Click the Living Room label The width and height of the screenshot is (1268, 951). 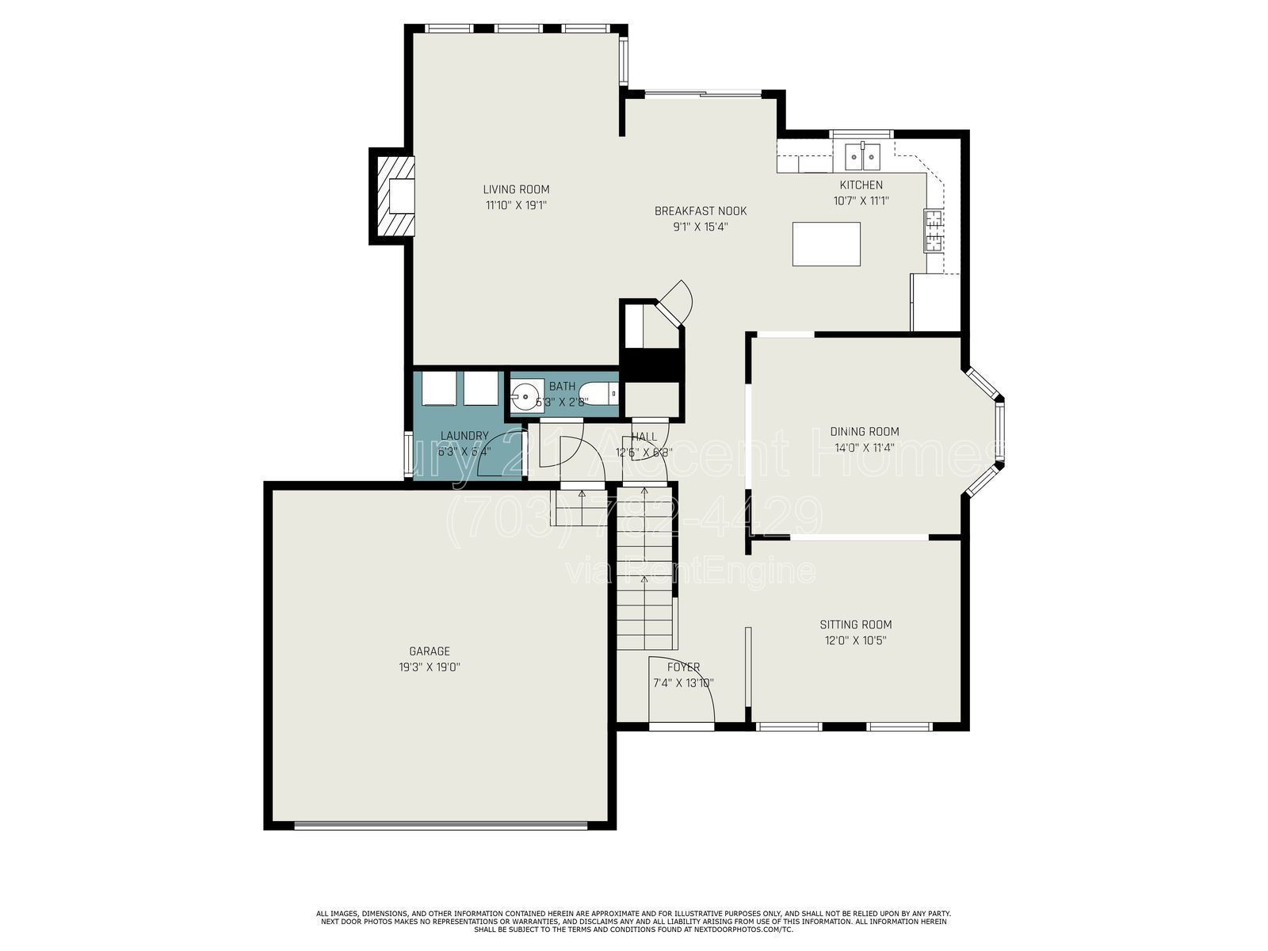click(516, 189)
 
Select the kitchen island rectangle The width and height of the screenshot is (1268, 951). click(827, 244)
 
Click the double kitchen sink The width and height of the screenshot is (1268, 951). click(861, 157)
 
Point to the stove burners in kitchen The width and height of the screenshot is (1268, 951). click(933, 230)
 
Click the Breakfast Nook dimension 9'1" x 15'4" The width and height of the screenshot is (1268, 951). click(700, 227)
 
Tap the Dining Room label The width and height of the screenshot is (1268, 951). click(865, 432)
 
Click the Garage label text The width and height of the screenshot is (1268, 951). click(430, 651)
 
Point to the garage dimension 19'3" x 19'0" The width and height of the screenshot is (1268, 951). click(430, 667)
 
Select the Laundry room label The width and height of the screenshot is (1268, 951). click(464, 436)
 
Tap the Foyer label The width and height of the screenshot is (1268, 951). click(683, 667)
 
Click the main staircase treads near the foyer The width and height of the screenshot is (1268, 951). click(647, 586)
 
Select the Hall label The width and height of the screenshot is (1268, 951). click(644, 437)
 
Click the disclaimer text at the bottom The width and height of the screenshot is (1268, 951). click(633, 921)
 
